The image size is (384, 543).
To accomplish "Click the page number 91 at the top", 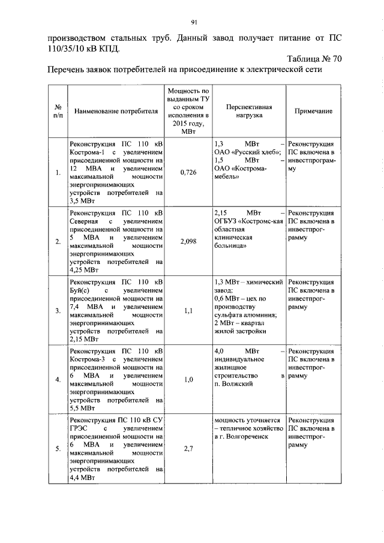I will click(194, 23).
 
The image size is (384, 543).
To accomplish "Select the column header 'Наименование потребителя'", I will click(116, 111).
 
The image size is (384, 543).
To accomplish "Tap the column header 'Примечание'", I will click(313, 111).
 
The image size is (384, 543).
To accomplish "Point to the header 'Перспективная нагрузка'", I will click(249, 111).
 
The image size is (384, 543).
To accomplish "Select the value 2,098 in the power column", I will click(188, 241).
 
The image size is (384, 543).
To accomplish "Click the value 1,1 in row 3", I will click(188, 310).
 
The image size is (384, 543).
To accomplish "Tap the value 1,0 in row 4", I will click(188, 379).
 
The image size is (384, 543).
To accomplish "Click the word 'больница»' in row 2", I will click(230, 246).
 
